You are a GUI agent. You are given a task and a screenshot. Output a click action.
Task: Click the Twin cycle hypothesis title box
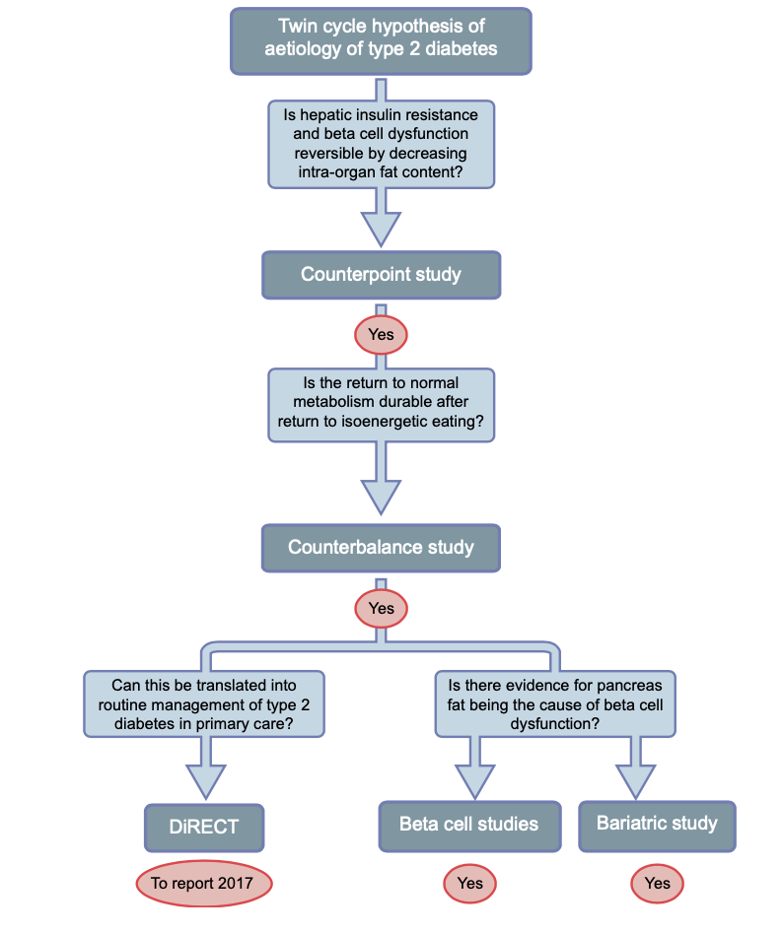(x=381, y=40)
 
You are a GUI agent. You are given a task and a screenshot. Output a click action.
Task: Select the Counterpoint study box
(x=381, y=274)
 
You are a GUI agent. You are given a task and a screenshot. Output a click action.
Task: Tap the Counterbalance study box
(x=381, y=547)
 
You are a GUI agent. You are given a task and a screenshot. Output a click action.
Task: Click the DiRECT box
(x=204, y=827)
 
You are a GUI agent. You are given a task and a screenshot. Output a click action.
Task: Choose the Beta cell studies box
(x=469, y=824)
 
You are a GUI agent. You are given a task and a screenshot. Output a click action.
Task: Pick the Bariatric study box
(x=657, y=824)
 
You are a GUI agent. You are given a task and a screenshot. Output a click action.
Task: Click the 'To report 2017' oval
(x=202, y=883)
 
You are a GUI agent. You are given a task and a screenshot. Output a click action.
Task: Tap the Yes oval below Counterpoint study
(x=381, y=335)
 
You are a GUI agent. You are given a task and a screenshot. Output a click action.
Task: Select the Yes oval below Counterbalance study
(x=381, y=608)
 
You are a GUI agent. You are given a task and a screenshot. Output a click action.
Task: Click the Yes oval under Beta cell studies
(x=469, y=883)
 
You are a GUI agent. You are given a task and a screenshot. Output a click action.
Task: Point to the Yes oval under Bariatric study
(x=657, y=883)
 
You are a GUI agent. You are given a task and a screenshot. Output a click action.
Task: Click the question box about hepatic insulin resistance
(x=381, y=143)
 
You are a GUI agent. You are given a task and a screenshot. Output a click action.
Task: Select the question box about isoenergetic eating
(x=381, y=404)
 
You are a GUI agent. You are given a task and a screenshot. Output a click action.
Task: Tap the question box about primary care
(x=204, y=703)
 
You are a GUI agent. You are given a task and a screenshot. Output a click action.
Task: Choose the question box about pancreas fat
(x=556, y=703)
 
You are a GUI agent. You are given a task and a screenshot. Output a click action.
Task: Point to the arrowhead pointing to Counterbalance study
(x=381, y=496)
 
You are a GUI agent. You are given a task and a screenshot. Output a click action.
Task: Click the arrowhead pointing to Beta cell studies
(x=469, y=780)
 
